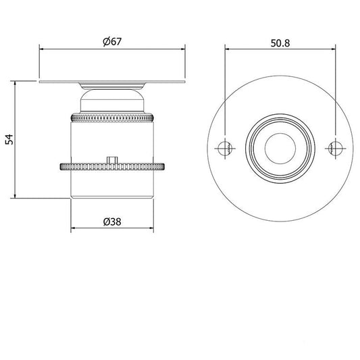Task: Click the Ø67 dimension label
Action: [112, 42]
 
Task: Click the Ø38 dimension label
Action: [112, 222]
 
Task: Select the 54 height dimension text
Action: [9, 140]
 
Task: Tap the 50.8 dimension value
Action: [280, 43]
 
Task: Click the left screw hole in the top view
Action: [225, 149]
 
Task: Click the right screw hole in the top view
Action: [336, 149]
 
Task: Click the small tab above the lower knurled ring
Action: [112, 160]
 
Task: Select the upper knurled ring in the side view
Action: [112, 118]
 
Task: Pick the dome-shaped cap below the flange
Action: [112, 101]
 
